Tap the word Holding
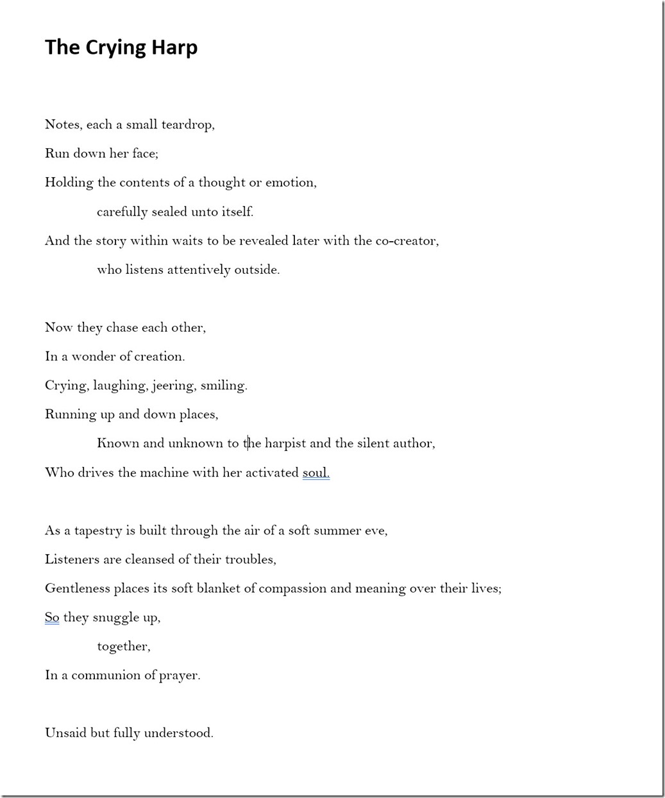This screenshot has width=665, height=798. pyautogui.click(x=69, y=183)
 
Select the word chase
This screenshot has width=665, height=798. pyautogui.click(x=122, y=328)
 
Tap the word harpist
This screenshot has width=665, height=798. pyautogui.click(x=285, y=443)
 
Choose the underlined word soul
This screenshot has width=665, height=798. pyautogui.click(x=316, y=473)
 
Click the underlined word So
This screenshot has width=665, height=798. pyautogui.click(x=52, y=618)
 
